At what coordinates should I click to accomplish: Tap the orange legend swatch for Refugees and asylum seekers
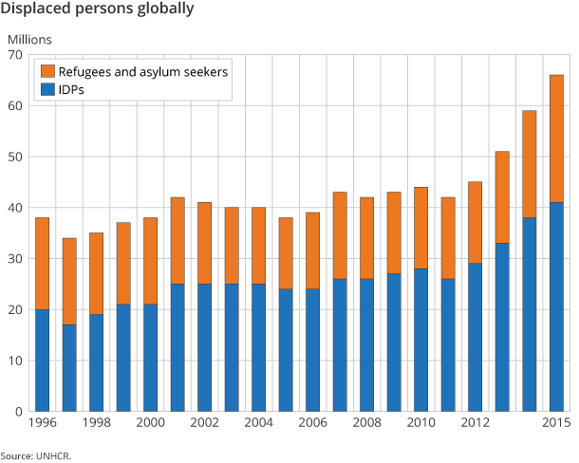point(46,72)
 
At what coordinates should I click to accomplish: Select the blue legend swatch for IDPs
point(46,90)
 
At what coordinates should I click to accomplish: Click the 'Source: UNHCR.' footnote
point(36,455)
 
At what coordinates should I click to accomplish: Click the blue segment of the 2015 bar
point(556,306)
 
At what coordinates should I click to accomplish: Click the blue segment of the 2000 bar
point(150,358)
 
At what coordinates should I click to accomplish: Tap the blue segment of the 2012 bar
point(475,337)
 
